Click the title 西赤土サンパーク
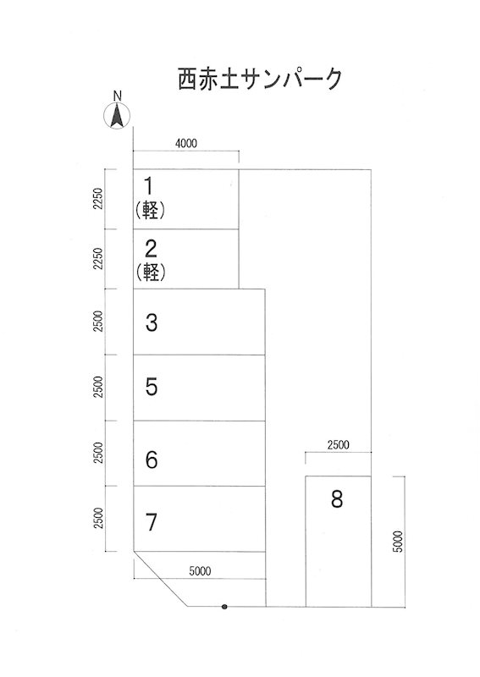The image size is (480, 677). click(x=260, y=79)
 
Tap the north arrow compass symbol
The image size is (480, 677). click(x=117, y=116)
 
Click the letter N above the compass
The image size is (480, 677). click(x=117, y=96)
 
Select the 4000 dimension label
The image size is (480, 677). click(x=186, y=143)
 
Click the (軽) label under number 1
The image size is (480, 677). click(x=150, y=211)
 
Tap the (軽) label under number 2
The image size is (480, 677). click(x=151, y=272)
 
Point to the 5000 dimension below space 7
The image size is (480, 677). click(x=200, y=571)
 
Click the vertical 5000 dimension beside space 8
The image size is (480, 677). click(x=398, y=542)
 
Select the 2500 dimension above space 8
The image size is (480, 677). click(x=339, y=445)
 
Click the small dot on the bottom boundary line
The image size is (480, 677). click(x=224, y=607)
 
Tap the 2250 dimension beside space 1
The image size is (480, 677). click(x=98, y=198)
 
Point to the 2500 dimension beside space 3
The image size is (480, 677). click(x=98, y=322)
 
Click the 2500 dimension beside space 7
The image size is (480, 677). click(x=98, y=518)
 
